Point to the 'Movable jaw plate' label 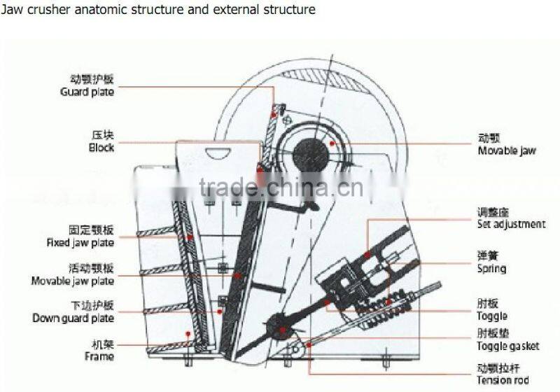click(73, 281)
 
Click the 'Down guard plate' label click(73, 318)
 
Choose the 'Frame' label click(99, 356)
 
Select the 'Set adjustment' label click(511, 224)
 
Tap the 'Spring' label click(491, 269)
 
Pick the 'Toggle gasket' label click(508, 346)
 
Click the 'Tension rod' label click(503, 380)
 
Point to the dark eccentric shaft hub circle click(307, 151)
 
